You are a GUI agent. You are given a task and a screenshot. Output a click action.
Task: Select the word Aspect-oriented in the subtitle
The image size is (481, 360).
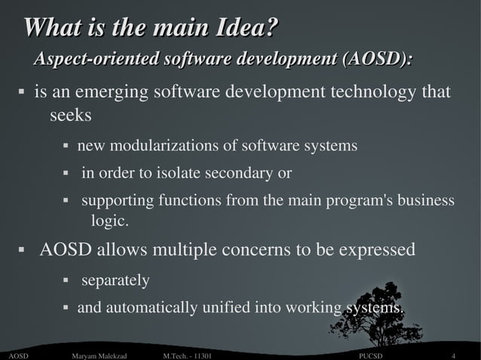95,59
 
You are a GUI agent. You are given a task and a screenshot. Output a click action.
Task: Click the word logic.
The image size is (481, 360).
110,221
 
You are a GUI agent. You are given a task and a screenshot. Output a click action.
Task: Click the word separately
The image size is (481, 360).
115,280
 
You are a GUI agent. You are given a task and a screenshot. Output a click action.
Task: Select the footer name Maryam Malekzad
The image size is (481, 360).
99,355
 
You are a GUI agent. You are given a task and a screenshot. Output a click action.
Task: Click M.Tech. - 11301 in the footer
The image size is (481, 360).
187,355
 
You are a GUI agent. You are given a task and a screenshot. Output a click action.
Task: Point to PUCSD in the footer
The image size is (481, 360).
371,355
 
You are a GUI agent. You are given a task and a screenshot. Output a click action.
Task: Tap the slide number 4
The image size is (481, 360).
453,355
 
